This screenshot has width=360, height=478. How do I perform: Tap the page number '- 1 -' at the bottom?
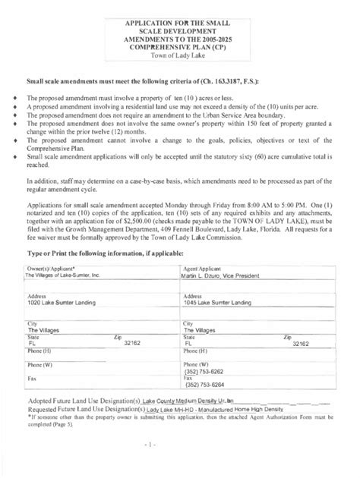179,462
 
